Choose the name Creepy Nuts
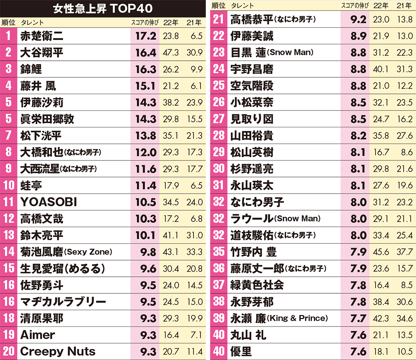tap(58, 352)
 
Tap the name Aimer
tap(38, 335)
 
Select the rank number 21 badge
tap(218, 20)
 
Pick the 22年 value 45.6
tap(381, 252)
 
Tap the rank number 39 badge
tap(218, 318)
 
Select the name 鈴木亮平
tap(42, 235)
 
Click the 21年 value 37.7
tap(404, 252)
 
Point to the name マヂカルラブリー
tap(63, 302)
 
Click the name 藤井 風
tap(38, 86)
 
